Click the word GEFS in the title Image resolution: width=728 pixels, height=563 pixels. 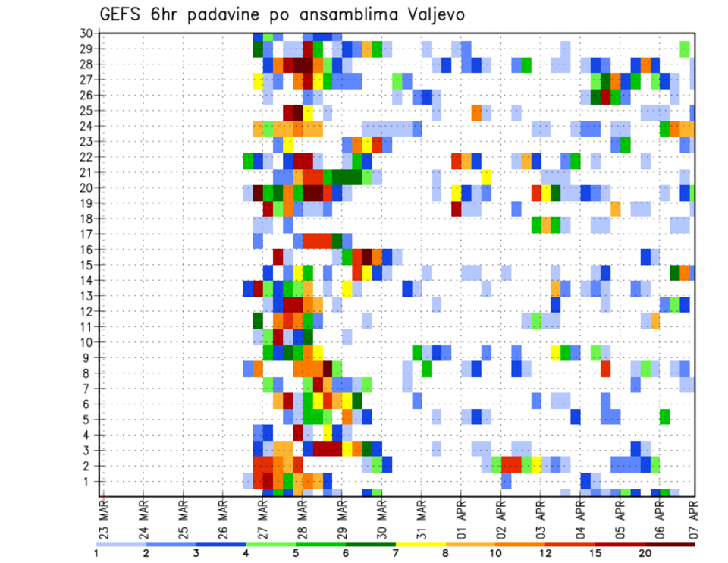point(122,14)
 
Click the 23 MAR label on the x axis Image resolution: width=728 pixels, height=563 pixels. point(104,518)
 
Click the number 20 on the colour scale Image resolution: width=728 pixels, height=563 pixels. point(645,553)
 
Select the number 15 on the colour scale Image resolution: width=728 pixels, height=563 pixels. point(595,553)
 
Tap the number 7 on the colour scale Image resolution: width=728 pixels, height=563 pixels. point(396,553)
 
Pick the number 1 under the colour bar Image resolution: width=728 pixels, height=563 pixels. point(96,553)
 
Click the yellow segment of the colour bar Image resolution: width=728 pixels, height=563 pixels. point(420,543)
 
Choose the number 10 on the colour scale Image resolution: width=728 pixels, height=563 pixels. point(496,553)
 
